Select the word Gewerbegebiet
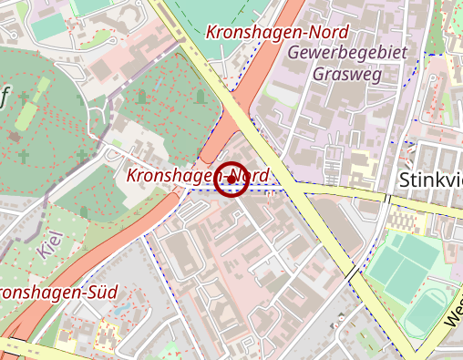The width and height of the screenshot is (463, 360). (345, 53)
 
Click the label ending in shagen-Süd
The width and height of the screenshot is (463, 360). (55, 294)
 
